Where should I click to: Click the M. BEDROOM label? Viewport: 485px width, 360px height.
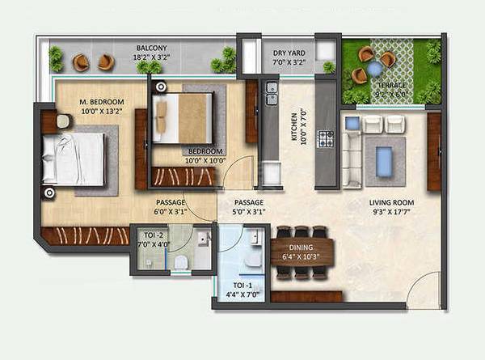click(x=100, y=102)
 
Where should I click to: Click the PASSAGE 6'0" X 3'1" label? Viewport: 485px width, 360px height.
click(x=170, y=207)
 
